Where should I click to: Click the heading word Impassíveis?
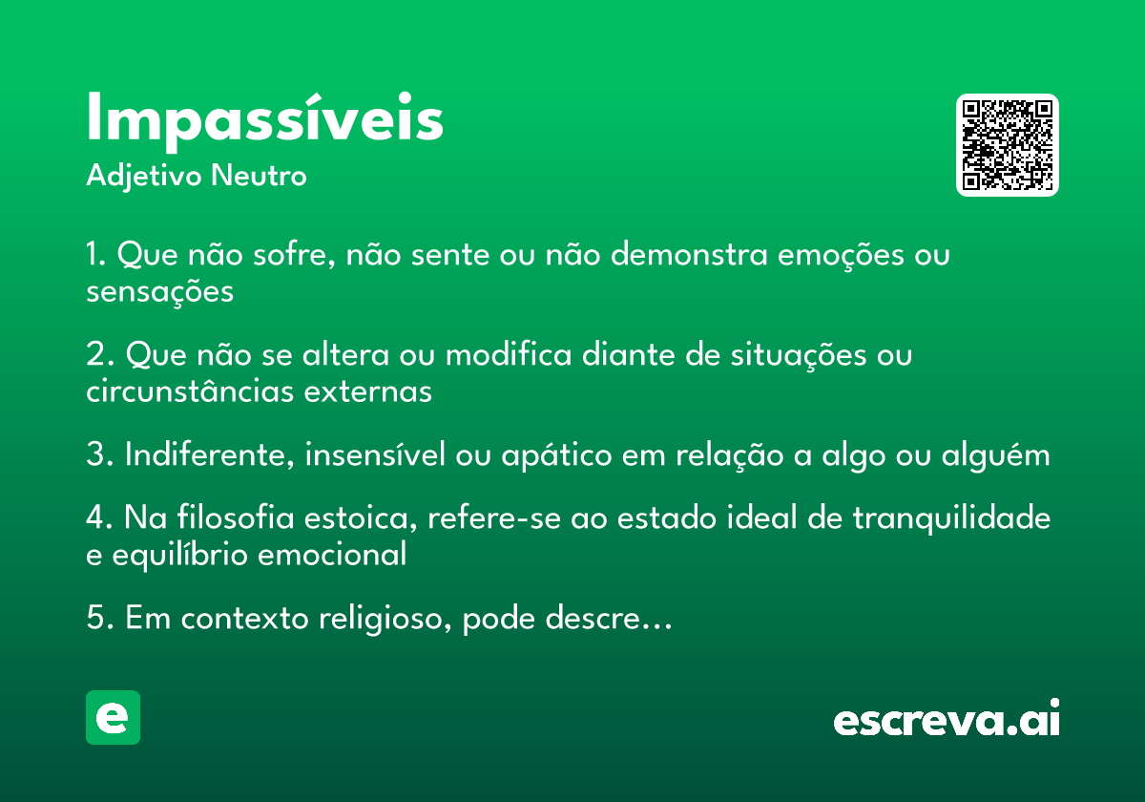tap(265, 121)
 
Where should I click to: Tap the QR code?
tap(1007, 145)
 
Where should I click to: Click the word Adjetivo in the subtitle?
tap(144, 177)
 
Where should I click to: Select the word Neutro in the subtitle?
tap(259, 176)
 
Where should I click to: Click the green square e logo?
tap(113, 717)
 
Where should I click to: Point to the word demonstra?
tap(689, 254)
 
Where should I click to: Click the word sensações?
tap(160, 292)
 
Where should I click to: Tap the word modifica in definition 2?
tap(509, 354)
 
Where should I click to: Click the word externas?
tap(368, 391)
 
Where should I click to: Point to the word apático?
tap(556, 455)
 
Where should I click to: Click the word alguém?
tap(996, 455)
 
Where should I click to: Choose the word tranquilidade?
tap(952, 518)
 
